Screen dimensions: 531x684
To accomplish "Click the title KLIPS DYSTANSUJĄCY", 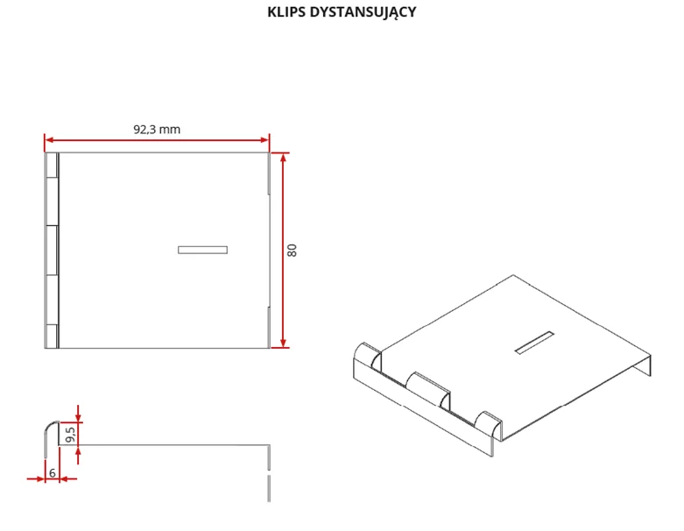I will tap(342, 12).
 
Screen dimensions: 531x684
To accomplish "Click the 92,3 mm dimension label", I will tap(157, 129).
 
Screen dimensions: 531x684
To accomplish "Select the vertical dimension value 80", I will tap(293, 250).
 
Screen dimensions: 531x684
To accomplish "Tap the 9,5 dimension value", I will tap(71, 433).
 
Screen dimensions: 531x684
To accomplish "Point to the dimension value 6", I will tap(53, 472).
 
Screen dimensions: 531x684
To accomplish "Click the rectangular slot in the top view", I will tap(202, 250).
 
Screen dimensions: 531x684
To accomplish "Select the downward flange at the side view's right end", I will tap(269, 473).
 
